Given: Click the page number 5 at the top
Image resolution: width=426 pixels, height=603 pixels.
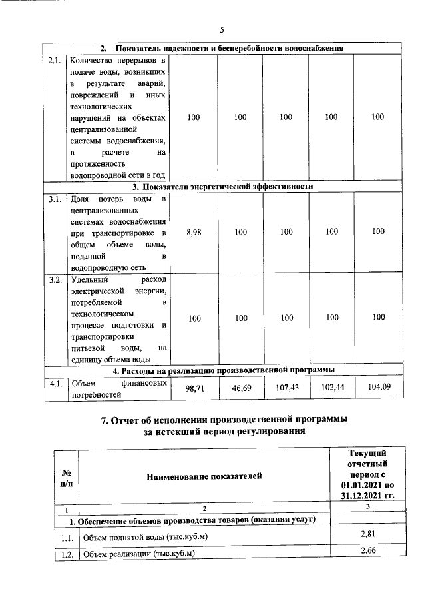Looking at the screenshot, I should (222, 29).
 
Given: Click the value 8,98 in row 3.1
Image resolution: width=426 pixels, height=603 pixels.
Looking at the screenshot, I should (194, 231).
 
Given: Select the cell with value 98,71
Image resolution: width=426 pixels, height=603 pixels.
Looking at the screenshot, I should (194, 388).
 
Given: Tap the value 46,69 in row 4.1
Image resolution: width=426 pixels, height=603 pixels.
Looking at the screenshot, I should (240, 388).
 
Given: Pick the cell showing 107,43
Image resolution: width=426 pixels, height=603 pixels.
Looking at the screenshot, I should (286, 387).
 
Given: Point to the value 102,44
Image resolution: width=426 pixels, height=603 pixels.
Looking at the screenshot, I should (331, 387).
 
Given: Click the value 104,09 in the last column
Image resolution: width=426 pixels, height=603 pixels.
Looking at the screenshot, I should (378, 386).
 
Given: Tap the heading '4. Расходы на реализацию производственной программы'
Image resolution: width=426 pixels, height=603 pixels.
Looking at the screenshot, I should (222, 370).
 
